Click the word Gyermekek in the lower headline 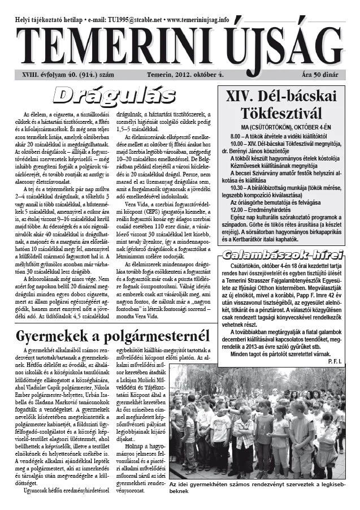(x=60, y=337)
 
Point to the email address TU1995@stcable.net (x=127, y=19)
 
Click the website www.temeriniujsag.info (x=193, y=19)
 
